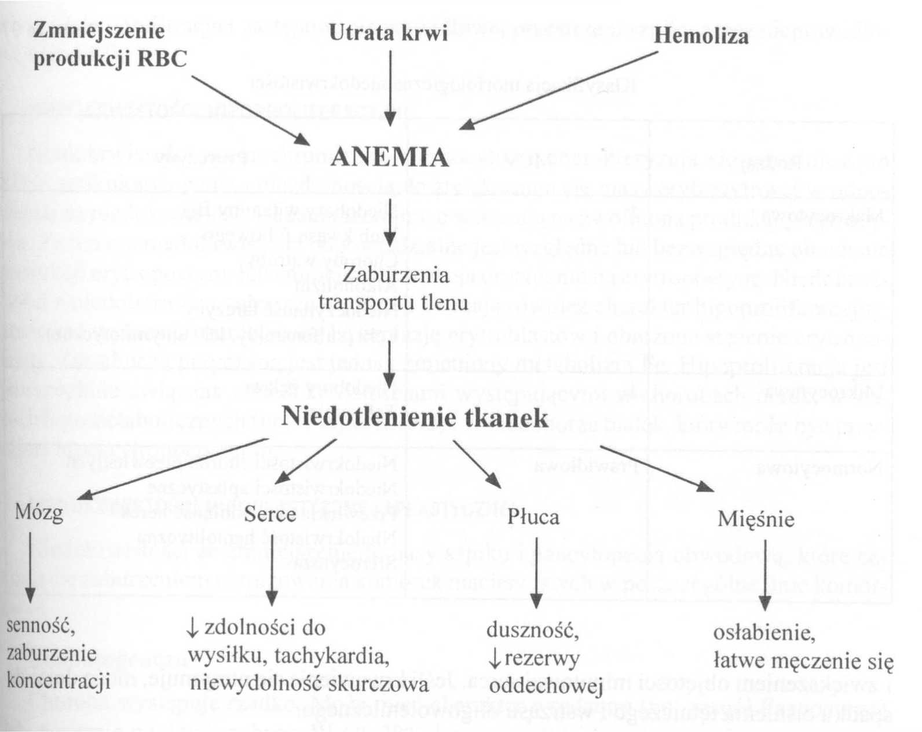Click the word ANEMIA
coord(389,158)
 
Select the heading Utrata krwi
coord(388,34)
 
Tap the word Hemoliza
coord(701,37)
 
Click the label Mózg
coord(39,513)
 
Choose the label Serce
coord(270,514)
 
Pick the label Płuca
coord(533,517)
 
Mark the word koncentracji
coord(58,682)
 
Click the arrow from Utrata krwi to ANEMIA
coord(390,87)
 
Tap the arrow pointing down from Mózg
coord(30,568)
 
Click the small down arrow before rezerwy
coord(495,658)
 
